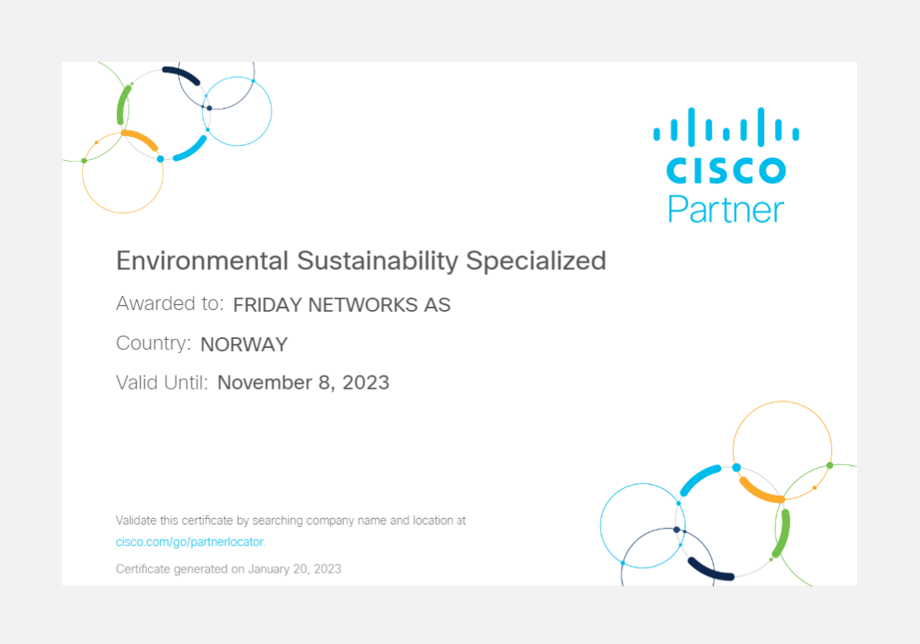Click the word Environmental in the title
tap(202, 261)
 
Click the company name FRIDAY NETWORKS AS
tap(341, 305)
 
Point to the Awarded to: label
tap(170, 303)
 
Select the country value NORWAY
tap(244, 344)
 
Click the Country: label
tap(153, 343)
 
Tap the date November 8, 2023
tap(303, 382)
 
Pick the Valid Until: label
tap(162, 382)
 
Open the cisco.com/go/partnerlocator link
tap(190, 542)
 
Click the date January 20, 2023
tap(294, 569)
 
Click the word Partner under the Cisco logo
tap(726, 209)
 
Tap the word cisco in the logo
tap(726, 170)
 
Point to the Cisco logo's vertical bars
tap(726, 126)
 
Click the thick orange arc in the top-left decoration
tap(141, 139)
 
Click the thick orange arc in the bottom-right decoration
tap(760, 492)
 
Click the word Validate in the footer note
tap(136, 521)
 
